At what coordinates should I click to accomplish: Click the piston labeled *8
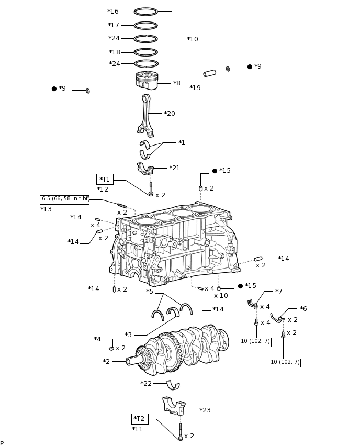[147, 81]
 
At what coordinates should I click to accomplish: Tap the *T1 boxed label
[105, 179]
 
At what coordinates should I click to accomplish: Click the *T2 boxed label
[139, 419]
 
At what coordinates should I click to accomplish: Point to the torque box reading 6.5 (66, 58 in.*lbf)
[64, 199]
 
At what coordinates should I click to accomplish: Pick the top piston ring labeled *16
[145, 12]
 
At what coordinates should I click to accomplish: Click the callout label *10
[193, 39]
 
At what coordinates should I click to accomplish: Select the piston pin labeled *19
[210, 73]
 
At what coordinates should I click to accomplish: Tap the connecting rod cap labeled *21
[145, 169]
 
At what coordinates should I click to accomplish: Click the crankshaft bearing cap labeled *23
[174, 406]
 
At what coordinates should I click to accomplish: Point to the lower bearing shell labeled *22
[173, 385]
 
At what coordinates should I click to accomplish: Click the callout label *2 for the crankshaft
[106, 362]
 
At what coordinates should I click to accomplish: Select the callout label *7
[278, 292]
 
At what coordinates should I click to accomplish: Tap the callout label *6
[303, 309]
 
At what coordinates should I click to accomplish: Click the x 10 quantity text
[221, 296]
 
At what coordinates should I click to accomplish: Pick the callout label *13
[46, 209]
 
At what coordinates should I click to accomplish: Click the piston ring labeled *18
[145, 52]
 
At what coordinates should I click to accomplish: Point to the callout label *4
[97, 339]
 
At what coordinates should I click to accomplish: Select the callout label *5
[150, 292]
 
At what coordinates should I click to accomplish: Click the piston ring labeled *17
[145, 25]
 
